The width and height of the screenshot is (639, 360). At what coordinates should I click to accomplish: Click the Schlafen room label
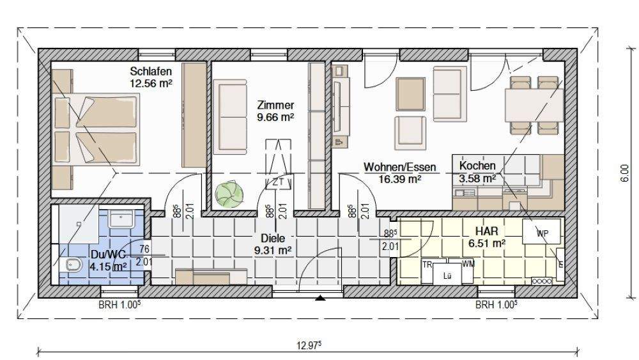pyautogui.click(x=151, y=72)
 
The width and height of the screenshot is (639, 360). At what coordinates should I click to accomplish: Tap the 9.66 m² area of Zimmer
pyautogui.click(x=275, y=118)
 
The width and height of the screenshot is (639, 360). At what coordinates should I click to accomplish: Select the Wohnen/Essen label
pyautogui.click(x=400, y=167)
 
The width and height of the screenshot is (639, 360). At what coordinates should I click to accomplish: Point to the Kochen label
pyautogui.click(x=477, y=166)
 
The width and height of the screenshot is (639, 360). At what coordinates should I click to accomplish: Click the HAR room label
pyautogui.click(x=486, y=231)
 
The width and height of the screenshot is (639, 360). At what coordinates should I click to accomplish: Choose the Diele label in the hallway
pyautogui.click(x=273, y=238)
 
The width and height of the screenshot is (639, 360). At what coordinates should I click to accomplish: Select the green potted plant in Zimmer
pyautogui.click(x=229, y=194)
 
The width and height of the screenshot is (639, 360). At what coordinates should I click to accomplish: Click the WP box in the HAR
pyautogui.click(x=542, y=232)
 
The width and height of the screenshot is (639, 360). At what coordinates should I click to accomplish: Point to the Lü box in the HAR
pyautogui.click(x=447, y=275)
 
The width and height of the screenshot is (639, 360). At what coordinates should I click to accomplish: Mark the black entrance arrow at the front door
pyautogui.click(x=321, y=298)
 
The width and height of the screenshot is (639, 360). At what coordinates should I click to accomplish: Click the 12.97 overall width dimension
pyautogui.click(x=309, y=346)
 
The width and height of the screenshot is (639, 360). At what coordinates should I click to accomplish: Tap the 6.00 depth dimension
pyautogui.click(x=625, y=173)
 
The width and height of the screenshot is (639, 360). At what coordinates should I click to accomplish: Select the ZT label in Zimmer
pyautogui.click(x=279, y=182)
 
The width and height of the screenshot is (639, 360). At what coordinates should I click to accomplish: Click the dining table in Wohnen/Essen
pyautogui.click(x=534, y=106)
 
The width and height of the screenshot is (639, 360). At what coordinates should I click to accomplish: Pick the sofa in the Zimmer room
pyautogui.click(x=230, y=116)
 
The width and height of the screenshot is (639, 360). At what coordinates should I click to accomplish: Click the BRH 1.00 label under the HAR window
pyautogui.click(x=497, y=304)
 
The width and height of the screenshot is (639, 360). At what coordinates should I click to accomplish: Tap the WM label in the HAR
pyautogui.click(x=468, y=264)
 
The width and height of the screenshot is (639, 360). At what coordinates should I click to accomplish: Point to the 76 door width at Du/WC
pyautogui.click(x=144, y=249)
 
